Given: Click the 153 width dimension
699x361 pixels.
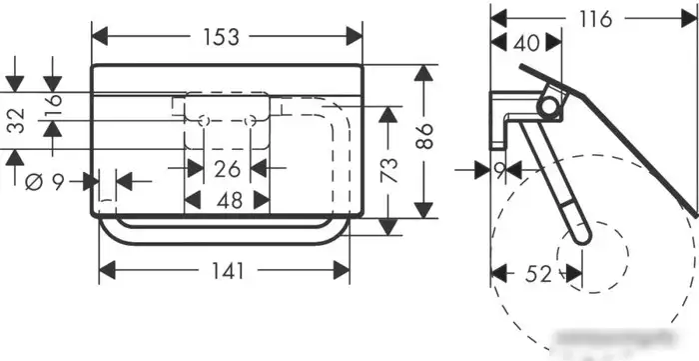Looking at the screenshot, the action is [221, 37].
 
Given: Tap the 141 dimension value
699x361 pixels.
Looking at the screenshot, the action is [228, 270].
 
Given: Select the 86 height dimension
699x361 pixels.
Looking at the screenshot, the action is [425, 136].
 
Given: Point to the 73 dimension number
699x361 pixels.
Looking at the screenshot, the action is [388, 170].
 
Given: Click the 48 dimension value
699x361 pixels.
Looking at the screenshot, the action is [230, 200].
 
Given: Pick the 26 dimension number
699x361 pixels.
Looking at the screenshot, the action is [227, 169].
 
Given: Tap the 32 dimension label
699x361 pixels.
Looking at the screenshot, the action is [17, 120].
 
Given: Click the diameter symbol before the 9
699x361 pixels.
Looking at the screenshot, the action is [34, 182].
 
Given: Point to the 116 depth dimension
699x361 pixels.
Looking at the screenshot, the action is [595, 19].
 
